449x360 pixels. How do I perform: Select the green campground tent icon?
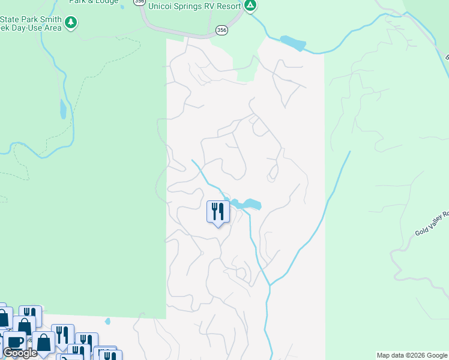coord(250,6)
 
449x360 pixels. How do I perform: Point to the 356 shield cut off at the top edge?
coord(140,2)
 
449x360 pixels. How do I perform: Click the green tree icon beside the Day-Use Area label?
coord(71,23)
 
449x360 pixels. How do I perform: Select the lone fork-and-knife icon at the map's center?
coord(218,212)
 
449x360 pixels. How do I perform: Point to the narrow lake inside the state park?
coord(63,109)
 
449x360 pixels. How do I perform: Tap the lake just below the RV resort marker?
coord(292,43)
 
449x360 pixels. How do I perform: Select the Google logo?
coord(20,353)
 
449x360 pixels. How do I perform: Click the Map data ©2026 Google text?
coord(412,355)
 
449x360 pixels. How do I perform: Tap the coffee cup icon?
coord(14,342)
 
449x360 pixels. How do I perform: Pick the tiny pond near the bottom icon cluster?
coord(108,321)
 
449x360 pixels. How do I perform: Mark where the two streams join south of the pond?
coord(270,285)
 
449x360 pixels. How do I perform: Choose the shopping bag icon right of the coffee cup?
coord(44,342)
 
